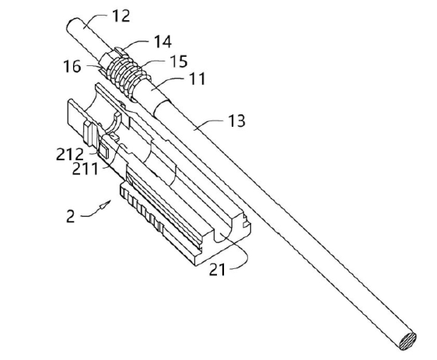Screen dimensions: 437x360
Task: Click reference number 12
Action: (x=121, y=16)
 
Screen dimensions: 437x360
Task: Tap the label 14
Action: (x=163, y=41)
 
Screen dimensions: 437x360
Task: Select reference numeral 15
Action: (x=179, y=61)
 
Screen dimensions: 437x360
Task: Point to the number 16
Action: (x=72, y=67)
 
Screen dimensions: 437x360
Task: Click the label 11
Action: (x=197, y=79)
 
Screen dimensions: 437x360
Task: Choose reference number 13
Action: (x=236, y=121)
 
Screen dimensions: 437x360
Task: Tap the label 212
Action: (x=70, y=154)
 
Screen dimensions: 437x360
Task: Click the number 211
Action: (x=86, y=169)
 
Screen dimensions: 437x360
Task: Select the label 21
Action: (x=217, y=270)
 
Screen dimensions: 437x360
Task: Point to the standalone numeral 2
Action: (x=71, y=216)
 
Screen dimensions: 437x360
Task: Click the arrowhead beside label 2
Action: (x=105, y=205)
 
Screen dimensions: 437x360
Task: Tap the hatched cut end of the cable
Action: (x=407, y=341)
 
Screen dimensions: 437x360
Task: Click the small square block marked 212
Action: (x=103, y=151)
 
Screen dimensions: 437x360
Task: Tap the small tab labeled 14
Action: (x=121, y=51)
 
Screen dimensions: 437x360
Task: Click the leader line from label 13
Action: (x=210, y=124)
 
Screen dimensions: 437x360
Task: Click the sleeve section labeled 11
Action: (x=152, y=89)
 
